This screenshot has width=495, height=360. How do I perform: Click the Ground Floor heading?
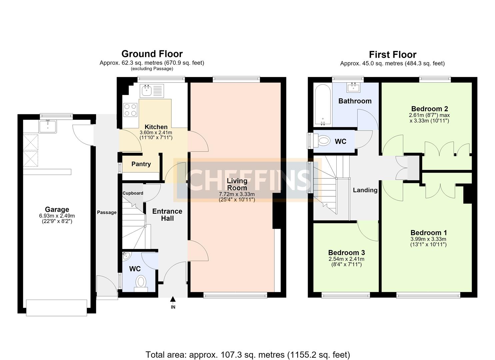[152, 54]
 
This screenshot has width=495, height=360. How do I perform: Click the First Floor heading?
[393, 55]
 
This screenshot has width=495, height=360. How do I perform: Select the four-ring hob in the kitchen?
[130, 110]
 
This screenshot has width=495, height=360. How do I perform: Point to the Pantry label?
[141, 164]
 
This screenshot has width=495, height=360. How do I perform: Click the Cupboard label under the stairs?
[133, 193]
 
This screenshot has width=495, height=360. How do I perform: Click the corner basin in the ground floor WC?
[126, 256]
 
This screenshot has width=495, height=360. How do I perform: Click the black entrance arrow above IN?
[173, 299]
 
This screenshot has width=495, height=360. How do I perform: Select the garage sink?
[48, 126]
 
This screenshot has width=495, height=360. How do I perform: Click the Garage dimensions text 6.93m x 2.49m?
[57, 216]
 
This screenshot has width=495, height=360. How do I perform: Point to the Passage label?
[107, 212]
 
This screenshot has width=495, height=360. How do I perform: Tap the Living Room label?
[237, 184]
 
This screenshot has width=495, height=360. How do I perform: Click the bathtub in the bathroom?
[323, 105]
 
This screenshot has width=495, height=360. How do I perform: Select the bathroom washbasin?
[353, 87]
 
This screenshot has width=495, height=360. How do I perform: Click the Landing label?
[365, 190]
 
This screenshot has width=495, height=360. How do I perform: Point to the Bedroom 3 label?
[347, 252]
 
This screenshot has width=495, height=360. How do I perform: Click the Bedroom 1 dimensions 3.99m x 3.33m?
[428, 239]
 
